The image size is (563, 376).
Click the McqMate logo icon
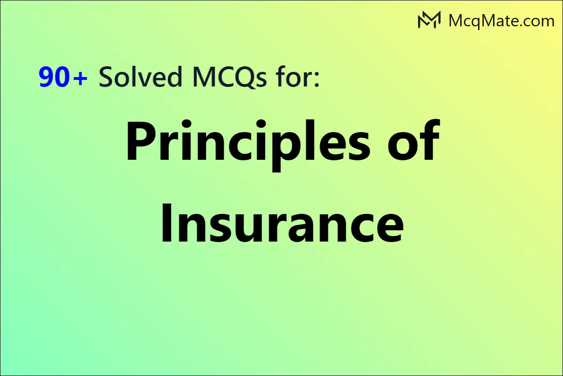(x=429, y=20)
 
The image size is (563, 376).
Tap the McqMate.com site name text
(x=501, y=21)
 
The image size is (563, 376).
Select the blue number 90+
(x=63, y=78)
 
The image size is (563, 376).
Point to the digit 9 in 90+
(x=47, y=78)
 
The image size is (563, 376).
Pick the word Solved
(x=140, y=78)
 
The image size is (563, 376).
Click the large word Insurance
(x=281, y=221)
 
